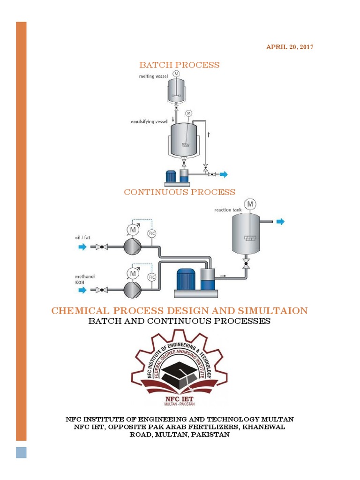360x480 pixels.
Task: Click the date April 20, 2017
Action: (x=290, y=47)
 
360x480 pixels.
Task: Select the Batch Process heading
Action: (x=179, y=65)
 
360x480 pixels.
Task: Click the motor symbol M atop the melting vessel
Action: (x=176, y=74)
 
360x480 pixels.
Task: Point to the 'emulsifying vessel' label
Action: (x=149, y=121)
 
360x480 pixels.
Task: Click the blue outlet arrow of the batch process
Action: (x=224, y=174)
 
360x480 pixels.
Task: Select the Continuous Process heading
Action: (x=180, y=192)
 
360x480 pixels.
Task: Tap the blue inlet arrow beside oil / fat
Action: (x=82, y=247)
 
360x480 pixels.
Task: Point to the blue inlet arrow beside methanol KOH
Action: (x=82, y=291)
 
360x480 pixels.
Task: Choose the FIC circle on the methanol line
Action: (x=151, y=277)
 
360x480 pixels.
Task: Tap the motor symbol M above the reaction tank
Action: (x=250, y=204)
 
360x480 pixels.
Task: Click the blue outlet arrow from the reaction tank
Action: (x=280, y=222)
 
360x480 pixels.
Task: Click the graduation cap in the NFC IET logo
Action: (x=179, y=371)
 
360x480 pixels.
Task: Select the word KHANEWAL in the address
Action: (x=266, y=427)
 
